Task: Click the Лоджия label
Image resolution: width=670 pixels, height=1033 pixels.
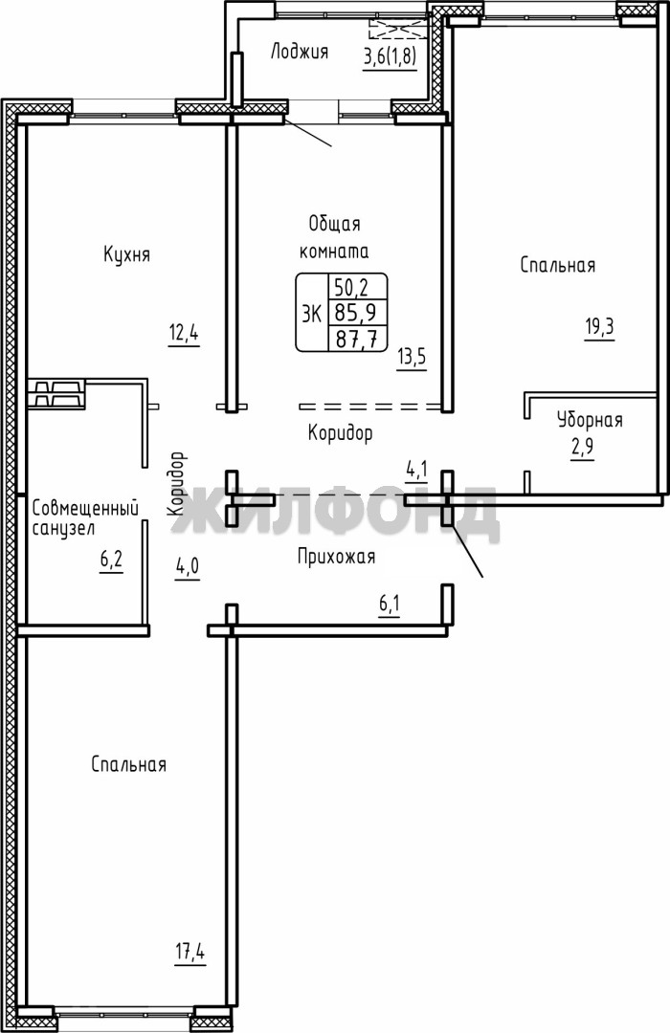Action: [299, 52]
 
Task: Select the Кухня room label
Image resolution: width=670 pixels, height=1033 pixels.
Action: [126, 253]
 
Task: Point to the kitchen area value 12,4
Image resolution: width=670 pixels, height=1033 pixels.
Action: [184, 334]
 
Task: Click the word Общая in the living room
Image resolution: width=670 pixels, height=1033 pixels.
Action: [335, 224]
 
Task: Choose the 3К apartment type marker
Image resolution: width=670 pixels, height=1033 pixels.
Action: [311, 313]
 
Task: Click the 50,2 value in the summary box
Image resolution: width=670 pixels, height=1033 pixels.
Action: [351, 287]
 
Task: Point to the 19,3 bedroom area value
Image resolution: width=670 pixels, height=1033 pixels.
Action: [599, 327]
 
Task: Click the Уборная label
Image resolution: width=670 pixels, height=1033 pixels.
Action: [590, 420]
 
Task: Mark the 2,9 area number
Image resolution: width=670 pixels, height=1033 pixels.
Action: [582, 447]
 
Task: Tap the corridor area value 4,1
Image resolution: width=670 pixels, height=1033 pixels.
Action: [416, 470]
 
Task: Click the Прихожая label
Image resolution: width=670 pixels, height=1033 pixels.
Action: [336, 558]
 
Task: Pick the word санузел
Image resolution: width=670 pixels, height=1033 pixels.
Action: [65, 529]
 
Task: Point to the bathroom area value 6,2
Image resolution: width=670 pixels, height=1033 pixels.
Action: [111, 561]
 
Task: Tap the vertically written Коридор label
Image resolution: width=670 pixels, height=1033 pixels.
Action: [176, 484]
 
